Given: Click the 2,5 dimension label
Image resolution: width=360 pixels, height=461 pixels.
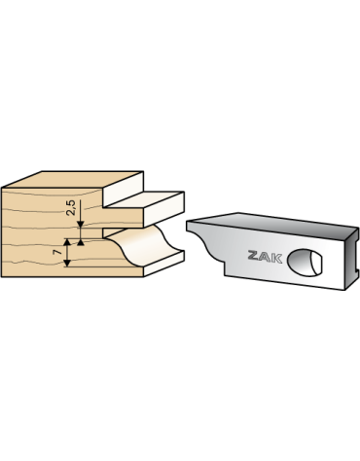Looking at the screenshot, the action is (71, 208).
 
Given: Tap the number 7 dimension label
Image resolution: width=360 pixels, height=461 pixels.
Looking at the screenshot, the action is (58, 252).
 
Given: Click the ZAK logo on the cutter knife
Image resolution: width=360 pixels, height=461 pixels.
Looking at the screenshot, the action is (265, 257).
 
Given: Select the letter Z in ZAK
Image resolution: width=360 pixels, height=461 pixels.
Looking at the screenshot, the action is (254, 255).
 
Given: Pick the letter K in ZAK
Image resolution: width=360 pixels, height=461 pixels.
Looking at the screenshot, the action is (277, 259).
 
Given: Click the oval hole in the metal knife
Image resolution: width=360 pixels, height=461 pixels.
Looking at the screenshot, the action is (306, 263).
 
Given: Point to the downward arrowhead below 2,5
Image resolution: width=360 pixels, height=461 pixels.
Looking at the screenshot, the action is (81, 225).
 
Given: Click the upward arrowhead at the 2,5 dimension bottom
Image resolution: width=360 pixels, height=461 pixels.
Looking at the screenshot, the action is (81, 242).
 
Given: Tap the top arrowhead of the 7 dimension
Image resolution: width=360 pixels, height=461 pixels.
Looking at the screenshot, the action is (67, 243).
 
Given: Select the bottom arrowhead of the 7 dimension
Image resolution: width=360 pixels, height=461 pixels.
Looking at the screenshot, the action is (67, 263).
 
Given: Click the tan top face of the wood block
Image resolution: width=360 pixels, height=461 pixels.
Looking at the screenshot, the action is (73, 180).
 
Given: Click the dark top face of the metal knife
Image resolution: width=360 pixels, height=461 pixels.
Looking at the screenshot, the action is (272, 225).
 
